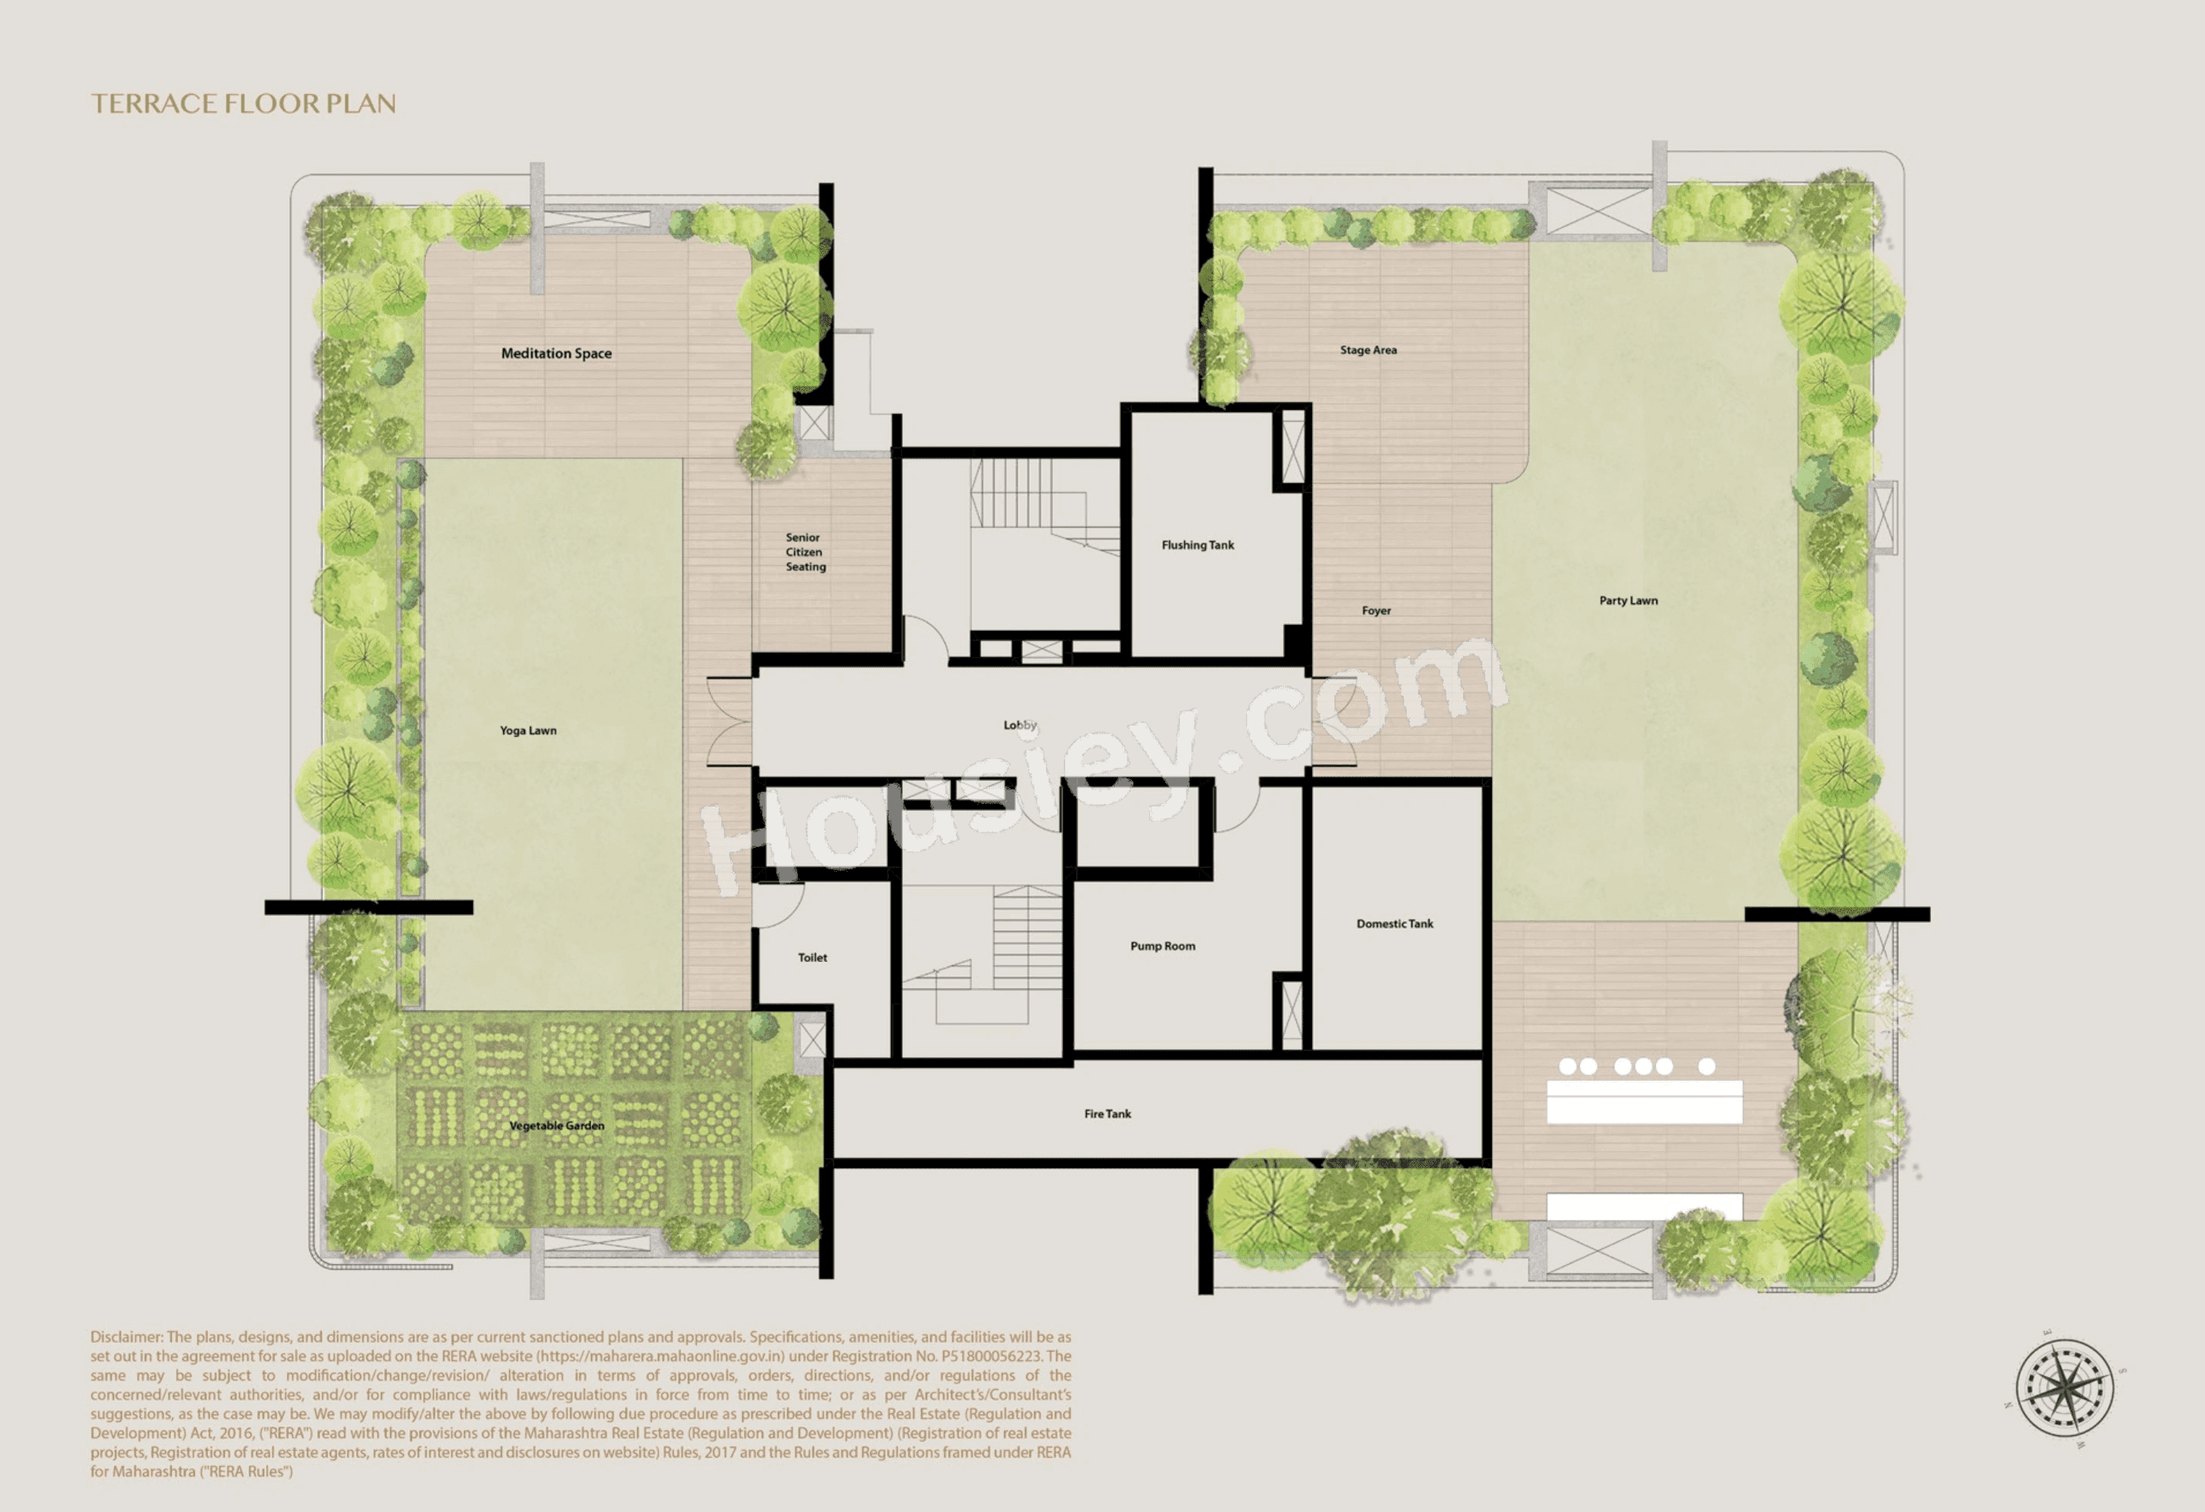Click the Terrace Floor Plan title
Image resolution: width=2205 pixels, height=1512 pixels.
click(x=243, y=103)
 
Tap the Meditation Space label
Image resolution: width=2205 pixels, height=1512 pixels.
click(x=556, y=353)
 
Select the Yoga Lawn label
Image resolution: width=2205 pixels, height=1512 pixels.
click(x=527, y=730)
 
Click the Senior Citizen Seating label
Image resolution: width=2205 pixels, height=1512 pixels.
click(x=804, y=552)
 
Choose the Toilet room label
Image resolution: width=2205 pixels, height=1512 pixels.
click(x=812, y=957)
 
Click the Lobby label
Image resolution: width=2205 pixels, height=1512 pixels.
click(x=1020, y=725)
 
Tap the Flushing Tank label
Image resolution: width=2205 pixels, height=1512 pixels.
click(x=1198, y=545)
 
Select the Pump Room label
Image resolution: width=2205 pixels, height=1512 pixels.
click(x=1162, y=946)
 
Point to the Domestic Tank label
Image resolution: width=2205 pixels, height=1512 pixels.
click(x=1394, y=923)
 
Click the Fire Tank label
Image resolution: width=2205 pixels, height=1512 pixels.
click(x=1108, y=1113)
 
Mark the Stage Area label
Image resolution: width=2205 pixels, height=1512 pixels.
click(x=1367, y=350)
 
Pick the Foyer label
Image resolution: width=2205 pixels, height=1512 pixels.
click(x=1376, y=611)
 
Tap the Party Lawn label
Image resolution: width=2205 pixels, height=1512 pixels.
click(x=1628, y=600)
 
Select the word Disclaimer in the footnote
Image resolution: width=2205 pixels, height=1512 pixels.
click(x=126, y=1337)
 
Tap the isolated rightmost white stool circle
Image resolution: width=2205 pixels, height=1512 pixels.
click(x=1706, y=1066)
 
